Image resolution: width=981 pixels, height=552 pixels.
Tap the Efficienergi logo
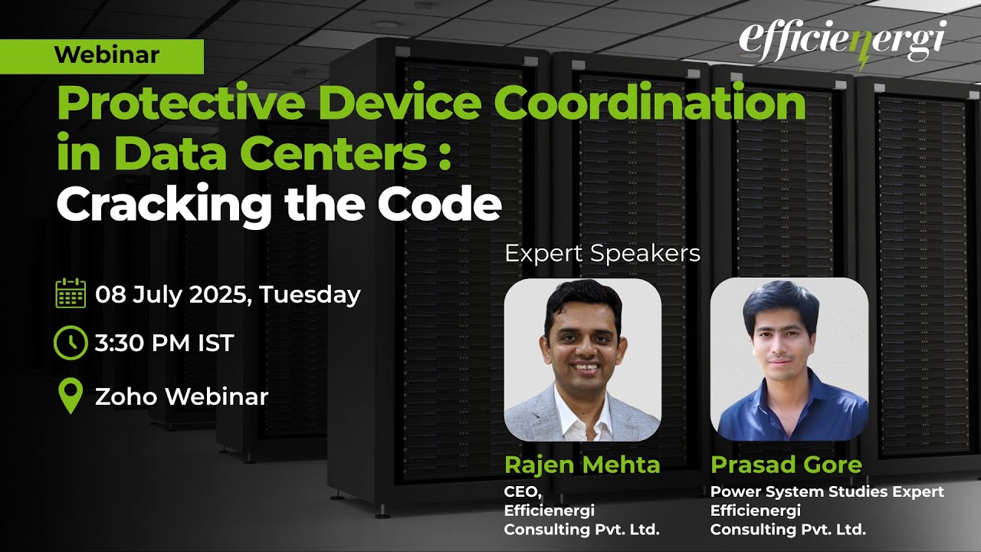pyautogui.click(x=842, y=42)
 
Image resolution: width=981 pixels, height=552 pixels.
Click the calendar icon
pyautogui.click(x=71, y=294)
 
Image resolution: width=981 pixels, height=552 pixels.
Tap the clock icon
pyautogui.click(x=71, y=343)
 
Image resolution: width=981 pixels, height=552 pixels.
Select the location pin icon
pyautogui.click(x=71, y=396)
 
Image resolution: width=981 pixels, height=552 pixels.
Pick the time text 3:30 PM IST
pyautogui.click(x=164, y=343)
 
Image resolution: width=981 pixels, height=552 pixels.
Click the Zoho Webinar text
pyautogui.click(x=182, y=396)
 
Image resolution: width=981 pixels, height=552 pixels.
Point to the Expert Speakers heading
pyautogui.click(x=602, y=254)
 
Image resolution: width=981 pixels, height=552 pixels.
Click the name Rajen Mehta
pyautogui.click(x=582, y=465)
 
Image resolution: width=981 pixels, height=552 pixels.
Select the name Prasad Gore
pyautogui.click(x=786, y=465)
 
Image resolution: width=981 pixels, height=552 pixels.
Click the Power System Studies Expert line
pyautogui.click(x=827, y=491)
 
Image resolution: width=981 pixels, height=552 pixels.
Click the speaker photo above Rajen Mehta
pyautogui.click(x=582, y=359)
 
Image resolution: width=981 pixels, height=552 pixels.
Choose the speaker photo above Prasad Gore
pyautogui.click(x=789, y=359)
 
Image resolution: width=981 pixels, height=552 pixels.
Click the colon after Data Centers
pyautogui.click(x=440, y=156)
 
